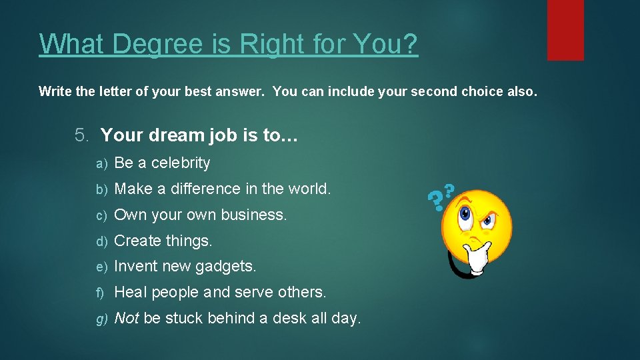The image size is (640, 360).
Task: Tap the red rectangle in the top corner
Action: pos(565,30)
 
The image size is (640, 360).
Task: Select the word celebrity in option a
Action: pos(181,163)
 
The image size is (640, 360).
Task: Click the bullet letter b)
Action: pos(101,189)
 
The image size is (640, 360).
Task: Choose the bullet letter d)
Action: pos(101,241)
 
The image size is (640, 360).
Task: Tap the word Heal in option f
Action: pos(131,292)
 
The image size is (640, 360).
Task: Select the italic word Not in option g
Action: pos(127,318)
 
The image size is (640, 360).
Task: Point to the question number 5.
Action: pos(81,136)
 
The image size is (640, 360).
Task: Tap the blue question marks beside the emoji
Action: pos(441,197)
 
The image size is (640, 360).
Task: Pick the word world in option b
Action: pos(309,189)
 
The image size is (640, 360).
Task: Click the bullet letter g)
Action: pos(101,319)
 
